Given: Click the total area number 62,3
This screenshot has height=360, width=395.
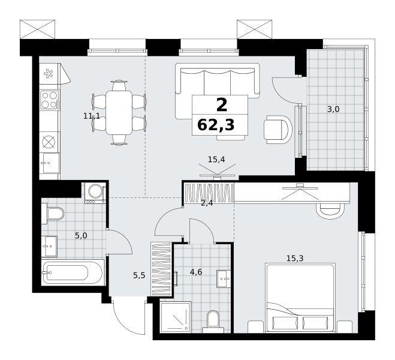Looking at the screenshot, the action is pyautogui.click(x=216, y=125).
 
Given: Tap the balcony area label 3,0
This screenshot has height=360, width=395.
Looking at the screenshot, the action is pyautogui.click(x=333, y=109).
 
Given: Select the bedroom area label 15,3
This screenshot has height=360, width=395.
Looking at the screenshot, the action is pyautogui.click(x=295, y=258).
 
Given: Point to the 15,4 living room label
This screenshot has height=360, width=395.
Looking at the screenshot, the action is pyautogui.click(x=216, y=160).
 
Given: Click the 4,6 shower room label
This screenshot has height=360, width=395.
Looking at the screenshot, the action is pyautogui.click(x=196, y=272).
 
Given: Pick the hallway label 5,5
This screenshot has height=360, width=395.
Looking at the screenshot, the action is pyautogui.click(x=139, y=275).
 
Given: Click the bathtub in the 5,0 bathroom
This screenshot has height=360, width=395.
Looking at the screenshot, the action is pyautogui.click(x=73, y=272).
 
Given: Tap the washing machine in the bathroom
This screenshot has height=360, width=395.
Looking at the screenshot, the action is pyautogui.click(x=95, y=193).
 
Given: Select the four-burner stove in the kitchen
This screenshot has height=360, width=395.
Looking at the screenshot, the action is pyautogui.click(x=50, y=100).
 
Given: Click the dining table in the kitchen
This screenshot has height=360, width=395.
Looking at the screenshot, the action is pyautogui.click(x=119, y=113).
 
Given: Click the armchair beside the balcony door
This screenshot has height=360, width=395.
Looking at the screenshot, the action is pyautogui.click(x=278, y=130).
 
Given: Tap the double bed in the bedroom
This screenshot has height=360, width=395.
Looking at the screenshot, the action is pyautogui.click(x=300, y=298).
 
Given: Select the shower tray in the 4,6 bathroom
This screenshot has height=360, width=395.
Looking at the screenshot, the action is pyautogui.click(x=176, y=317).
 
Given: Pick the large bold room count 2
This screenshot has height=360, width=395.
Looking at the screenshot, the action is pyautogui.click(x=222, y=105).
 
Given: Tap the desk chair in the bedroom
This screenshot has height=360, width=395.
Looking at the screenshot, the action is pyautogui.click(x=330, y=210).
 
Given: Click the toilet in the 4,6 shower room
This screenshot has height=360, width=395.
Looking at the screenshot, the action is pyautogui.click(x=213, y=322).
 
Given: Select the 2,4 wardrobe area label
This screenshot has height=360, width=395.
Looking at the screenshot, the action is pyautogui.click(x=207, y=203).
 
